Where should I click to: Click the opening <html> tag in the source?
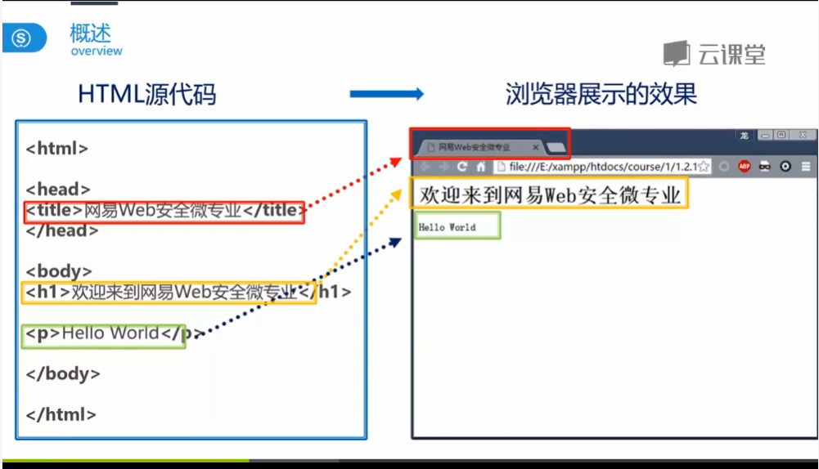[57, 149]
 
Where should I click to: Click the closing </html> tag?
[61, 414]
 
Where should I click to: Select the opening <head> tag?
[58, 190]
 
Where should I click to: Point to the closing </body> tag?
[63, 373]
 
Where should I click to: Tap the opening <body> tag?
[59, 271]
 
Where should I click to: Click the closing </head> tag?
[62, 231]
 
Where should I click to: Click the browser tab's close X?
[536, 147]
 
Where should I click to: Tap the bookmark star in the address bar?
[703, 167]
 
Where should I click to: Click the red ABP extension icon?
[745, 167]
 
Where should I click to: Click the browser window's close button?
[803, 135]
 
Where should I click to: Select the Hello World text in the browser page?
[447, 227]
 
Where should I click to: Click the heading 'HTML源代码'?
[147, 95]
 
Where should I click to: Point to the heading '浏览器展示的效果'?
[601, 95]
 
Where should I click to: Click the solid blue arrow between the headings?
[386, 95]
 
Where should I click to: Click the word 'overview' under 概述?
[97, 51]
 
